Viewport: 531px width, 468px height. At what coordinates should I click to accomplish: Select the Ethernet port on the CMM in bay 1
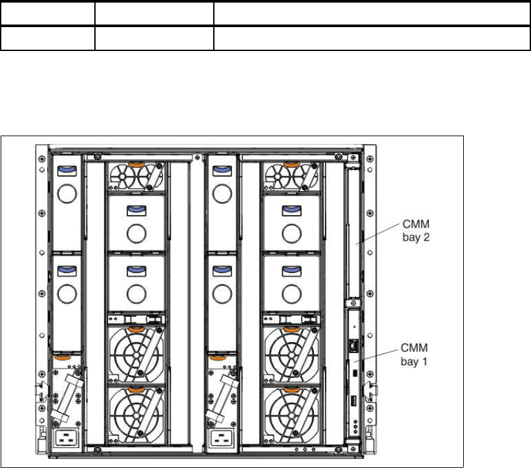pyautogui.click(x=354, y=345)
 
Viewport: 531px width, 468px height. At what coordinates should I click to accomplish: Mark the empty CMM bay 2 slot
pyautogui.click(x=353, y=226)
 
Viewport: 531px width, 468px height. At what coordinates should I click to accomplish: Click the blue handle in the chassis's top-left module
pyautogui.click(x=66, y=169)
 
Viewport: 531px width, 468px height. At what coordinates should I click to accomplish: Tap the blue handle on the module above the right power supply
pyautogui.click(x=222, y=270)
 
